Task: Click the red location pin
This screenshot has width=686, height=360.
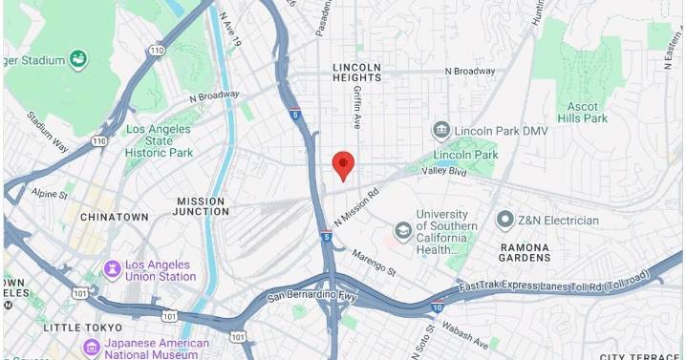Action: tap(343, 165)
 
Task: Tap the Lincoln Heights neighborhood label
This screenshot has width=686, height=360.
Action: tap(356, 73)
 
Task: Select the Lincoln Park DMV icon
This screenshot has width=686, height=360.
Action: tap(441, 129)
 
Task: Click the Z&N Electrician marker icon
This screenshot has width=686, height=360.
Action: tap(505, 221)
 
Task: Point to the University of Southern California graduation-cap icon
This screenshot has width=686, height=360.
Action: tap(403, 230)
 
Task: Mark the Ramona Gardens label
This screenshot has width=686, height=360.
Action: tap(525, 252)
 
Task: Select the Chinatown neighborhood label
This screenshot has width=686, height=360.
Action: tap(114, 217)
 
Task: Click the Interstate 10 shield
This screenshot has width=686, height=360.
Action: tap(436, 308)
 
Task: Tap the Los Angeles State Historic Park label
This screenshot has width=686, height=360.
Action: tap(159, 140)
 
